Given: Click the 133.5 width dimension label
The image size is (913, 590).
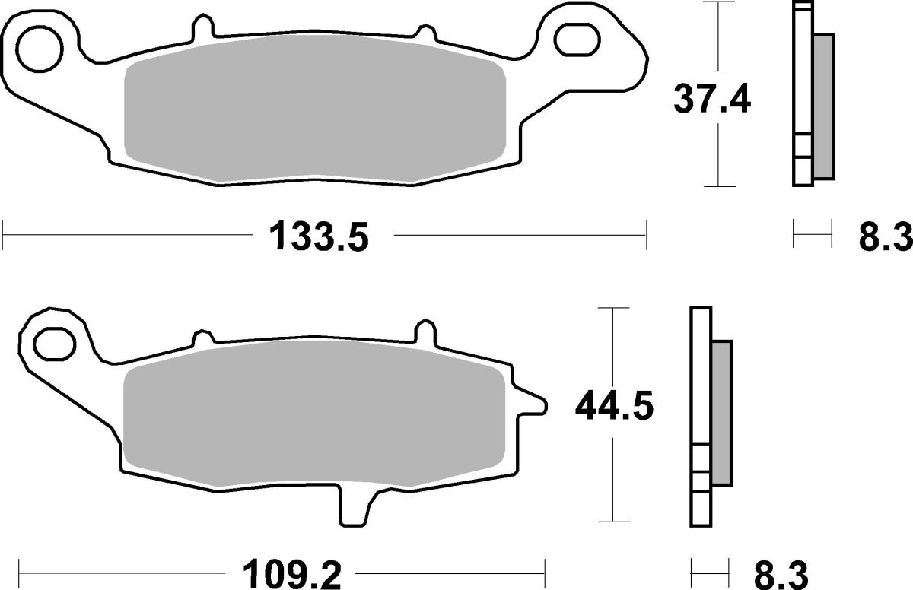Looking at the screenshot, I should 319,238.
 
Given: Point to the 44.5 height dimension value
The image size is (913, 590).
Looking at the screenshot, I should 613,407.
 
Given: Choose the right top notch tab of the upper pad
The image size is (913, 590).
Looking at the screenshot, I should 423,30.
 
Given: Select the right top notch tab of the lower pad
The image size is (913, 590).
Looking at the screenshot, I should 425,332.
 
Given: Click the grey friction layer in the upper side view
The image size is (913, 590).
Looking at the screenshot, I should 823,106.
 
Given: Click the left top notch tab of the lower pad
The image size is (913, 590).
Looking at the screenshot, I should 203,336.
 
